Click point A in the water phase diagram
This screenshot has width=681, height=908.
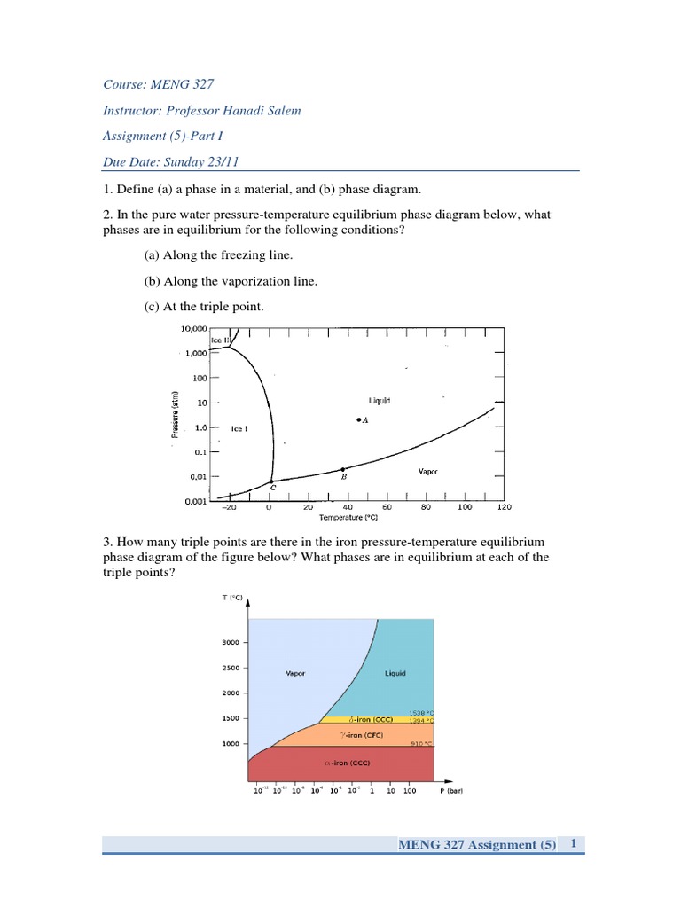(x=359, y=419)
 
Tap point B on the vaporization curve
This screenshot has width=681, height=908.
(x=343, y=468)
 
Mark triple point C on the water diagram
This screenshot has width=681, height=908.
(x=272, y=481)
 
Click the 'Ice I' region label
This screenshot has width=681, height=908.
(x=239, y=429)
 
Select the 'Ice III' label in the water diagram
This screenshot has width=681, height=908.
(x=220, y=340)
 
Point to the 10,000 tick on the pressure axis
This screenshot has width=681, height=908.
(x=193, y=328)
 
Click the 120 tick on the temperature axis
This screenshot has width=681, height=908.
(x=504, y=508)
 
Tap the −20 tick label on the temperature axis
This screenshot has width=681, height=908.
(x=229, y=508)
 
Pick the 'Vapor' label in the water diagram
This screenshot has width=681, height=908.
(x=428, y=472)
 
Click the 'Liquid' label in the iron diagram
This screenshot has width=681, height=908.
(x=395, y=673)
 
